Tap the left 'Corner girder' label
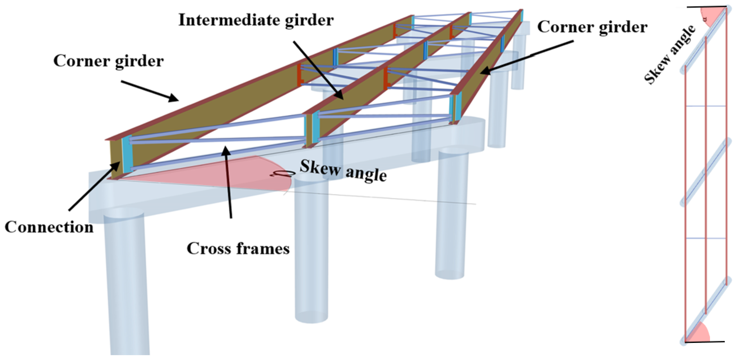point(109,61)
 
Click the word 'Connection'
point(49,227)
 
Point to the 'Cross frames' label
point(238,249)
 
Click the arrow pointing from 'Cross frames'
point(228,183)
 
